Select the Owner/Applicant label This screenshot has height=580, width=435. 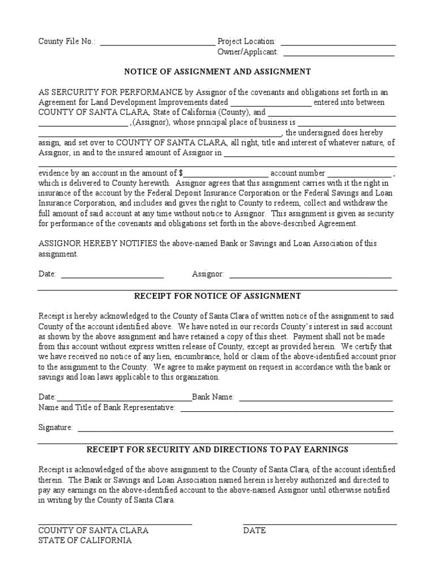248,52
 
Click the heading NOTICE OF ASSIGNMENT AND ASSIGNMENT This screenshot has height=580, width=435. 217,72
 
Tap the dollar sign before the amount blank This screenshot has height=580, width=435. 181,173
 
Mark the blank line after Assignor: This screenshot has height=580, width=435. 309,277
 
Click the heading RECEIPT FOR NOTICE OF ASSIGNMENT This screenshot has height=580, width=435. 217,296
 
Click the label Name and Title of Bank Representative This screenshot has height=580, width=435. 106,408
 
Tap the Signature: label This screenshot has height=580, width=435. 56,428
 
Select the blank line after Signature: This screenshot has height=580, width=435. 235,430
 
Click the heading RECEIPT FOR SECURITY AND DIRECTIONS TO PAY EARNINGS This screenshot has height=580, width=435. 217,450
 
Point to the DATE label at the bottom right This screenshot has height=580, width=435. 254,531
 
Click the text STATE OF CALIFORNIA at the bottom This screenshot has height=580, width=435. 85,541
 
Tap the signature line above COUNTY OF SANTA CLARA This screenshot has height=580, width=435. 115,524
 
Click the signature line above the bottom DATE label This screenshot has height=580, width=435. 319,524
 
